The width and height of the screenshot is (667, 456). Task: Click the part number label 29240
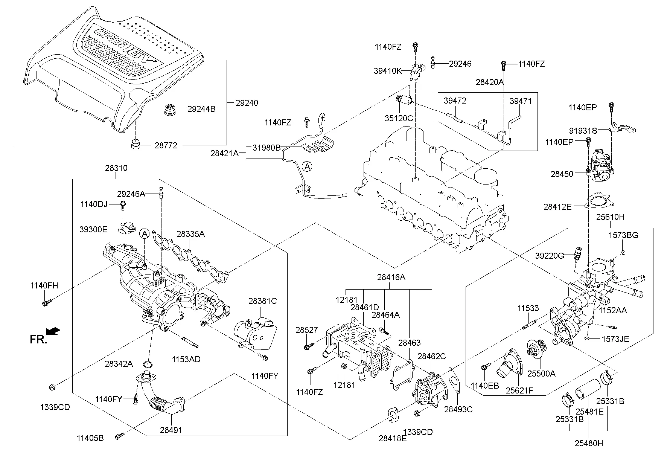point(247,103)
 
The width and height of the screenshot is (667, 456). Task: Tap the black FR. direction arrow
point(53,331)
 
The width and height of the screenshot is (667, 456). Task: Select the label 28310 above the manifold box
point(116,168)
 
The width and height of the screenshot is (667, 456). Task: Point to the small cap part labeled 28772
point(135,145)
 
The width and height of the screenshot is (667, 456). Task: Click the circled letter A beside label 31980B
point(308,166)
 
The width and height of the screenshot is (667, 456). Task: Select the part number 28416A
point(391,278)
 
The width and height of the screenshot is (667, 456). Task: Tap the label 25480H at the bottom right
point(589,443)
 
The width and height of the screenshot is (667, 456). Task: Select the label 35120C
point(399,118)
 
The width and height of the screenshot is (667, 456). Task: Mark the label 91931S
point(583,131)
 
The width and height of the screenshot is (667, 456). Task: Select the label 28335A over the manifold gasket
point(190,234)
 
